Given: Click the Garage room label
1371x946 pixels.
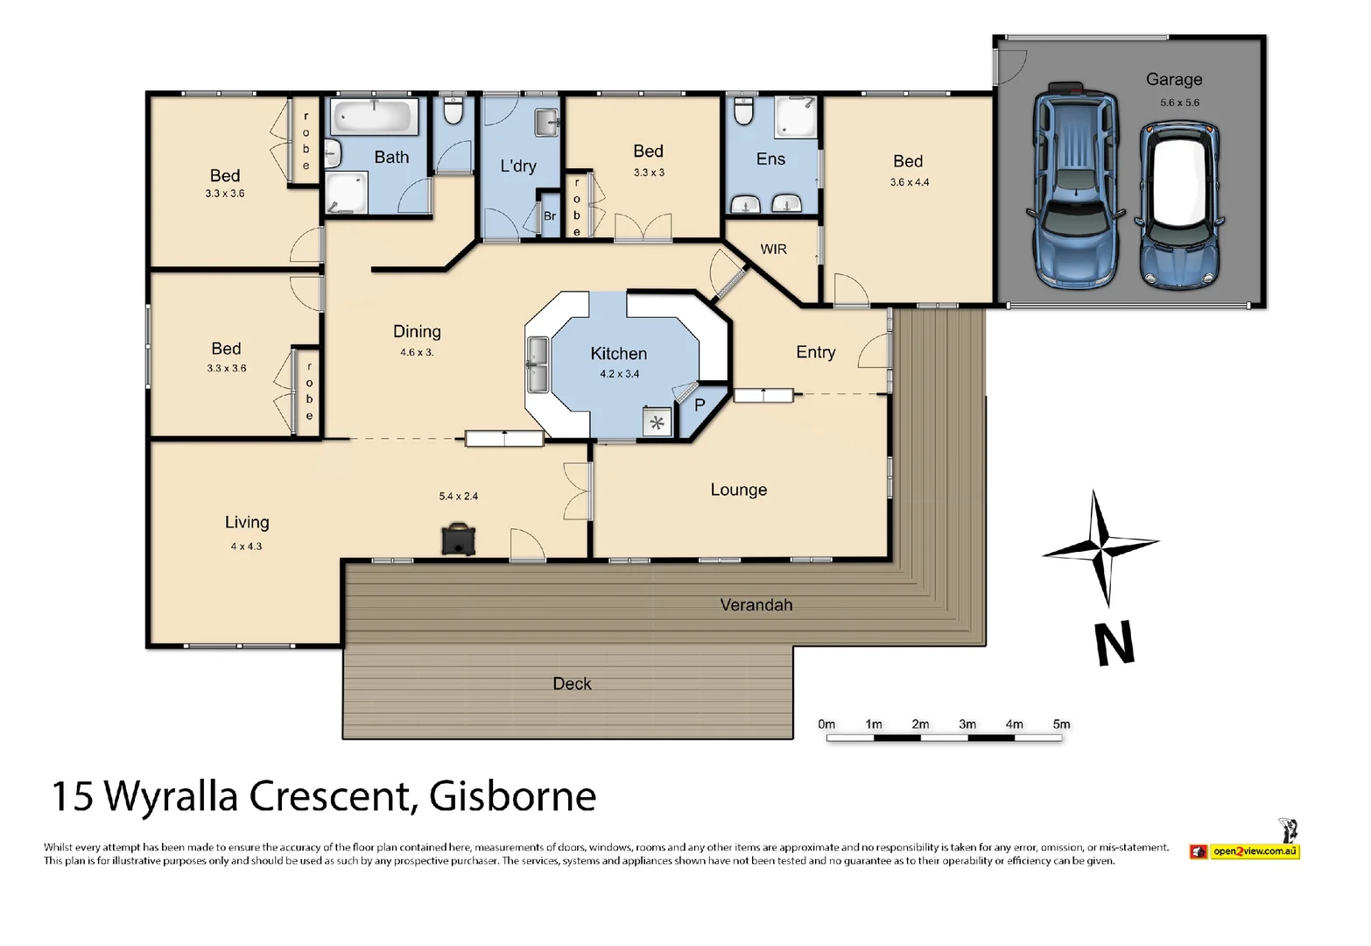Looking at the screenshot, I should point(1173,80).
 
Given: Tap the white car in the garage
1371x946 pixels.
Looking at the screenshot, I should point(1178,206).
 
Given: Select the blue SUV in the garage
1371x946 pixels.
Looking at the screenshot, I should point(1075,187).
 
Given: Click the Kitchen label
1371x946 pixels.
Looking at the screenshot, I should point(618,354).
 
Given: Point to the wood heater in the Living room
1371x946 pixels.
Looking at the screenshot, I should point(458,539).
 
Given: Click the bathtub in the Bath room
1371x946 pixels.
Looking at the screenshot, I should point(375,116).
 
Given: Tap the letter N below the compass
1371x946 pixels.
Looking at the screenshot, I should point(1114,644).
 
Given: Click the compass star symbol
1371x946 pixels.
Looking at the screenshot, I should point(1101,548).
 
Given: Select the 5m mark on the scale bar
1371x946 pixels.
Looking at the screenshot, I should point(1061,724).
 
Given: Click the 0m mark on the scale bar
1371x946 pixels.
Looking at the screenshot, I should point(826,724).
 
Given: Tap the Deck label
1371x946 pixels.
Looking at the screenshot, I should point(572,684).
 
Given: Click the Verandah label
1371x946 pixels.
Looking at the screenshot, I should point(756,605).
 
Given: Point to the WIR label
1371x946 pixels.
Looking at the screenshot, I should point(773,250).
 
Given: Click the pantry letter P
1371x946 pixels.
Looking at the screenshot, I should point(700,406).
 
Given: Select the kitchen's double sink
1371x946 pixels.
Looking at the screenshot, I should point(537,364).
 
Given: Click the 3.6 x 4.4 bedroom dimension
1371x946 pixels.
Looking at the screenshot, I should point(909,182).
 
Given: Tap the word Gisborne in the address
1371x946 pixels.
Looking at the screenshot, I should point(512,796).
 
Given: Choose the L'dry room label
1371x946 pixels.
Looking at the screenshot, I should point(518,166).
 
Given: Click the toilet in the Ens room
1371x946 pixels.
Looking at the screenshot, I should point(743,110).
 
